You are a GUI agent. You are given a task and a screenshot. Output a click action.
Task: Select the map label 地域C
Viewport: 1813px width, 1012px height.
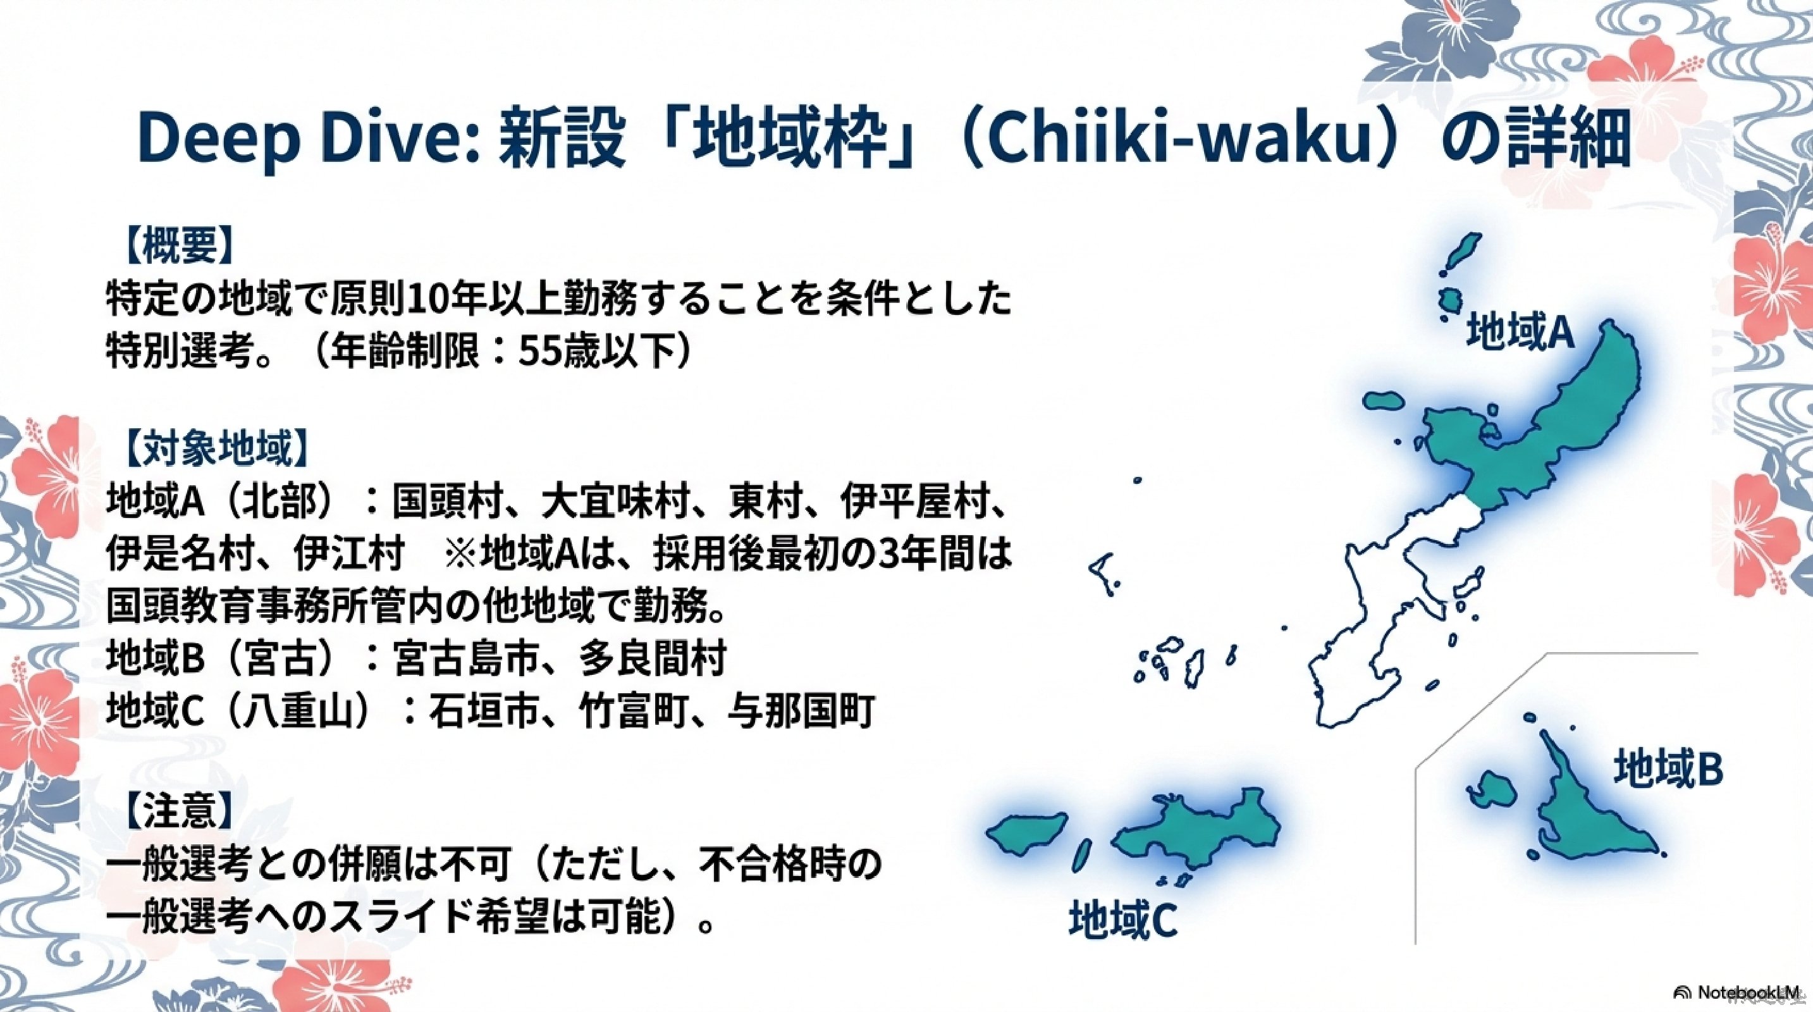pyautogui.click(x=1122, y=919)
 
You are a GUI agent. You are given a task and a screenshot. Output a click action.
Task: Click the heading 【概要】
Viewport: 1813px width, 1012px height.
pyautogui.click(x=178, y=245)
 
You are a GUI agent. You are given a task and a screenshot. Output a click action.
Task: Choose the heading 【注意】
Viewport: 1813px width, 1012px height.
pyautogui.click(x=178, y=811)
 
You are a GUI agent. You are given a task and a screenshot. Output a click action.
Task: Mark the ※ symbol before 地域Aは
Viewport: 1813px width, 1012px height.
pyautogui.click(x=461, y=554)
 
